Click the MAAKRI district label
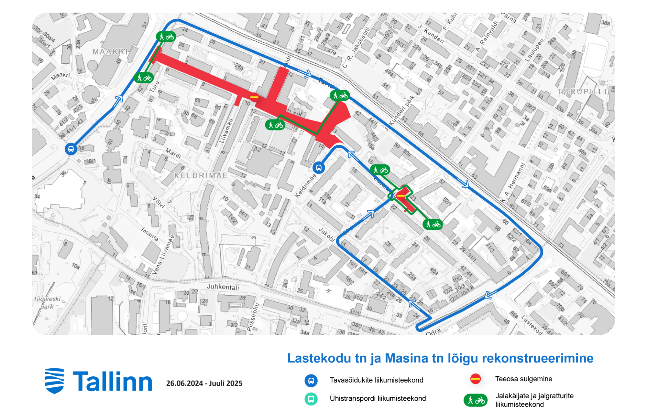click(x=110, y=52)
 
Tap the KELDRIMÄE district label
click(x=201, y=175)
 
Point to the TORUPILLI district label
click(x=582, y=92)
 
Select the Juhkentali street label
click(x=223, y=287)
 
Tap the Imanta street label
click(x=150, y=234)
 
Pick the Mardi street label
click(x=173, y=153)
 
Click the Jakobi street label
click(x=326, y=235)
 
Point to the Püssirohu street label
click(x=253, y=317)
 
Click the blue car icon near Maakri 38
click(x=71, y=149)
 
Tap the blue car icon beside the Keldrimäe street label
click(x=319, y=168)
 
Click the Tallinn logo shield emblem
click(x=54, y=381)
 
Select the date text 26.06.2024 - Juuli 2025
click(x=204, y=383)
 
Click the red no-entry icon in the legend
click(x=475, y=379)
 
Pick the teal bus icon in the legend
click(x=311, y=399)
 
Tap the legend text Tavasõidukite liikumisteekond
click(x=376, y=380)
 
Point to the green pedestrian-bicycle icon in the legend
click(x=475, y=400)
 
